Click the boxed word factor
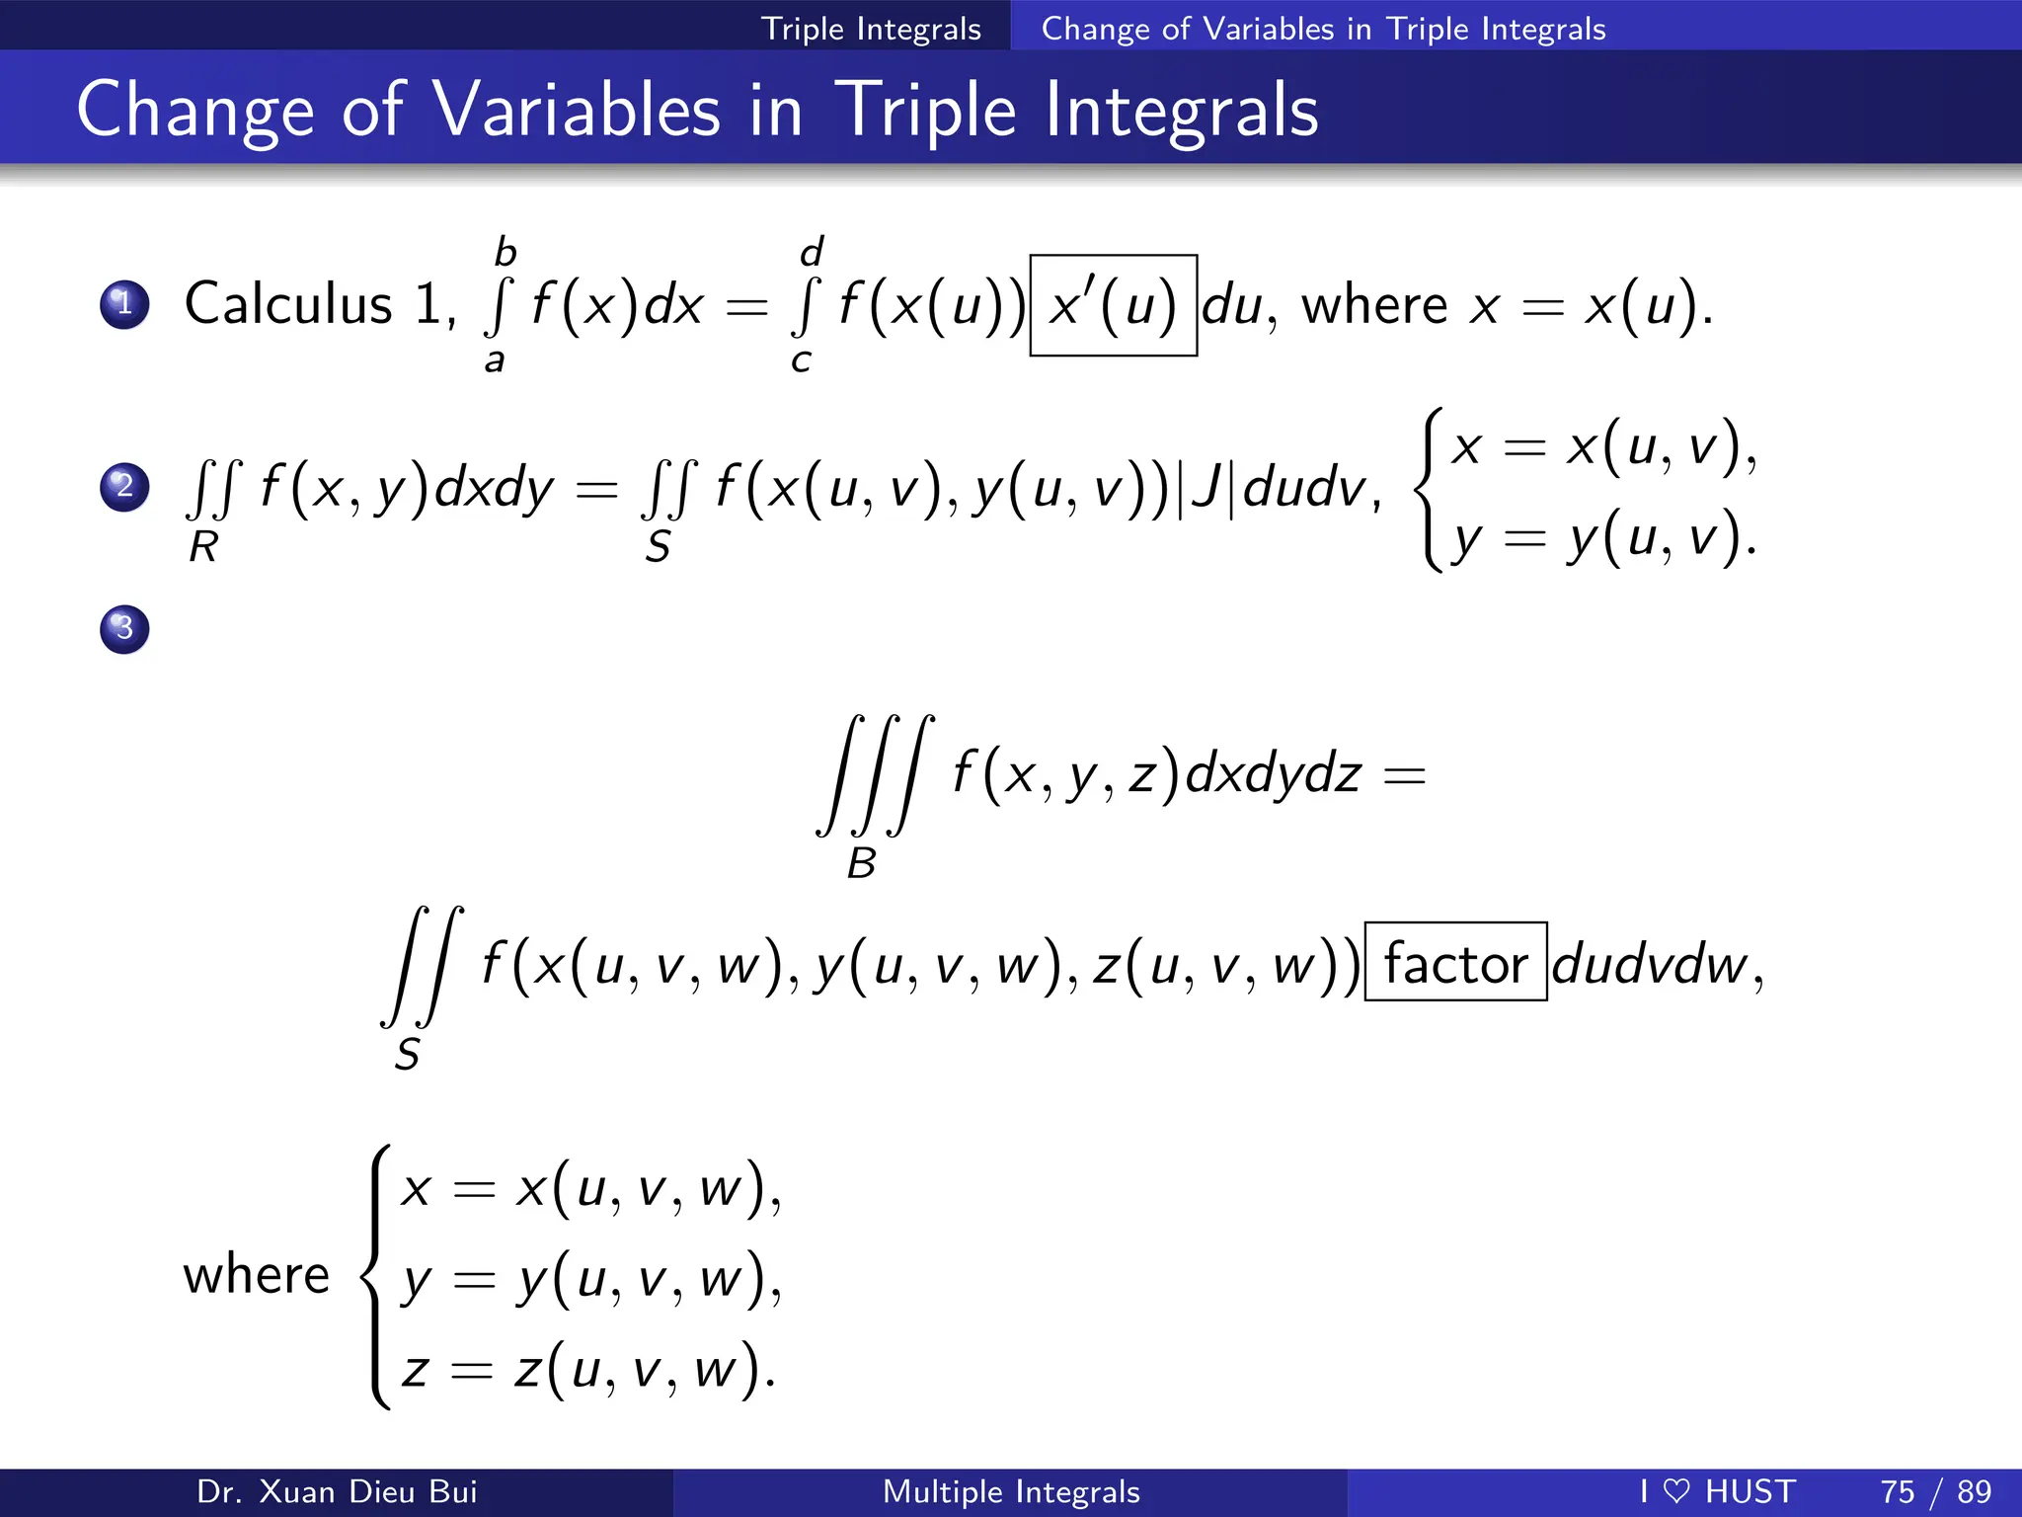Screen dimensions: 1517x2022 pyautogui.click(x=1455, y=963)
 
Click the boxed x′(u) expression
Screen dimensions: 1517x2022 pyautogui.click(x=1113, y=305)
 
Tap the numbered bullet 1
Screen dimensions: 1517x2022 pyautogui.click(x=124, y=304)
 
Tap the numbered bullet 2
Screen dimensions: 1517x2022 pyautogui.click(x=124, y=487)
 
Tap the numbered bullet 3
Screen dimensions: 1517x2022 pyautogui.click(x=124, y=629)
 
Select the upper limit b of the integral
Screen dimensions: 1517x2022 pyautogui.click(x=505, y=253)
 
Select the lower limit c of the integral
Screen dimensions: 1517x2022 pyautogui.click(x=801, y=361)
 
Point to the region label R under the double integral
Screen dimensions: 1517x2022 pyautogui.click(x=203, y=547)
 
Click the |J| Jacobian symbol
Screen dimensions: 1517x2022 pyautogui.click(x=1211, y=489)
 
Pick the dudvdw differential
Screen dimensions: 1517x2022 pyautogui.click(x=1649, y=965)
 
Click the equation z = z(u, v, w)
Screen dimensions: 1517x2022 pyautogui.click(x=586, y=1370)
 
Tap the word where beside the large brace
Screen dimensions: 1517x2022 pyautogui.click(x=256, y=1275)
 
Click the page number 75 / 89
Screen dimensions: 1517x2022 pyautogui.click(x=1935, y=1491)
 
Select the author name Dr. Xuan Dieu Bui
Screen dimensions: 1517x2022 pyautogui.click(x=337, y=1491)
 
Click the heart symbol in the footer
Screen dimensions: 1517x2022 pyautogui.click(x=1676, y=1491)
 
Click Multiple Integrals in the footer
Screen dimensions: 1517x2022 pyautogui.click(x=1011, y=1491)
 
